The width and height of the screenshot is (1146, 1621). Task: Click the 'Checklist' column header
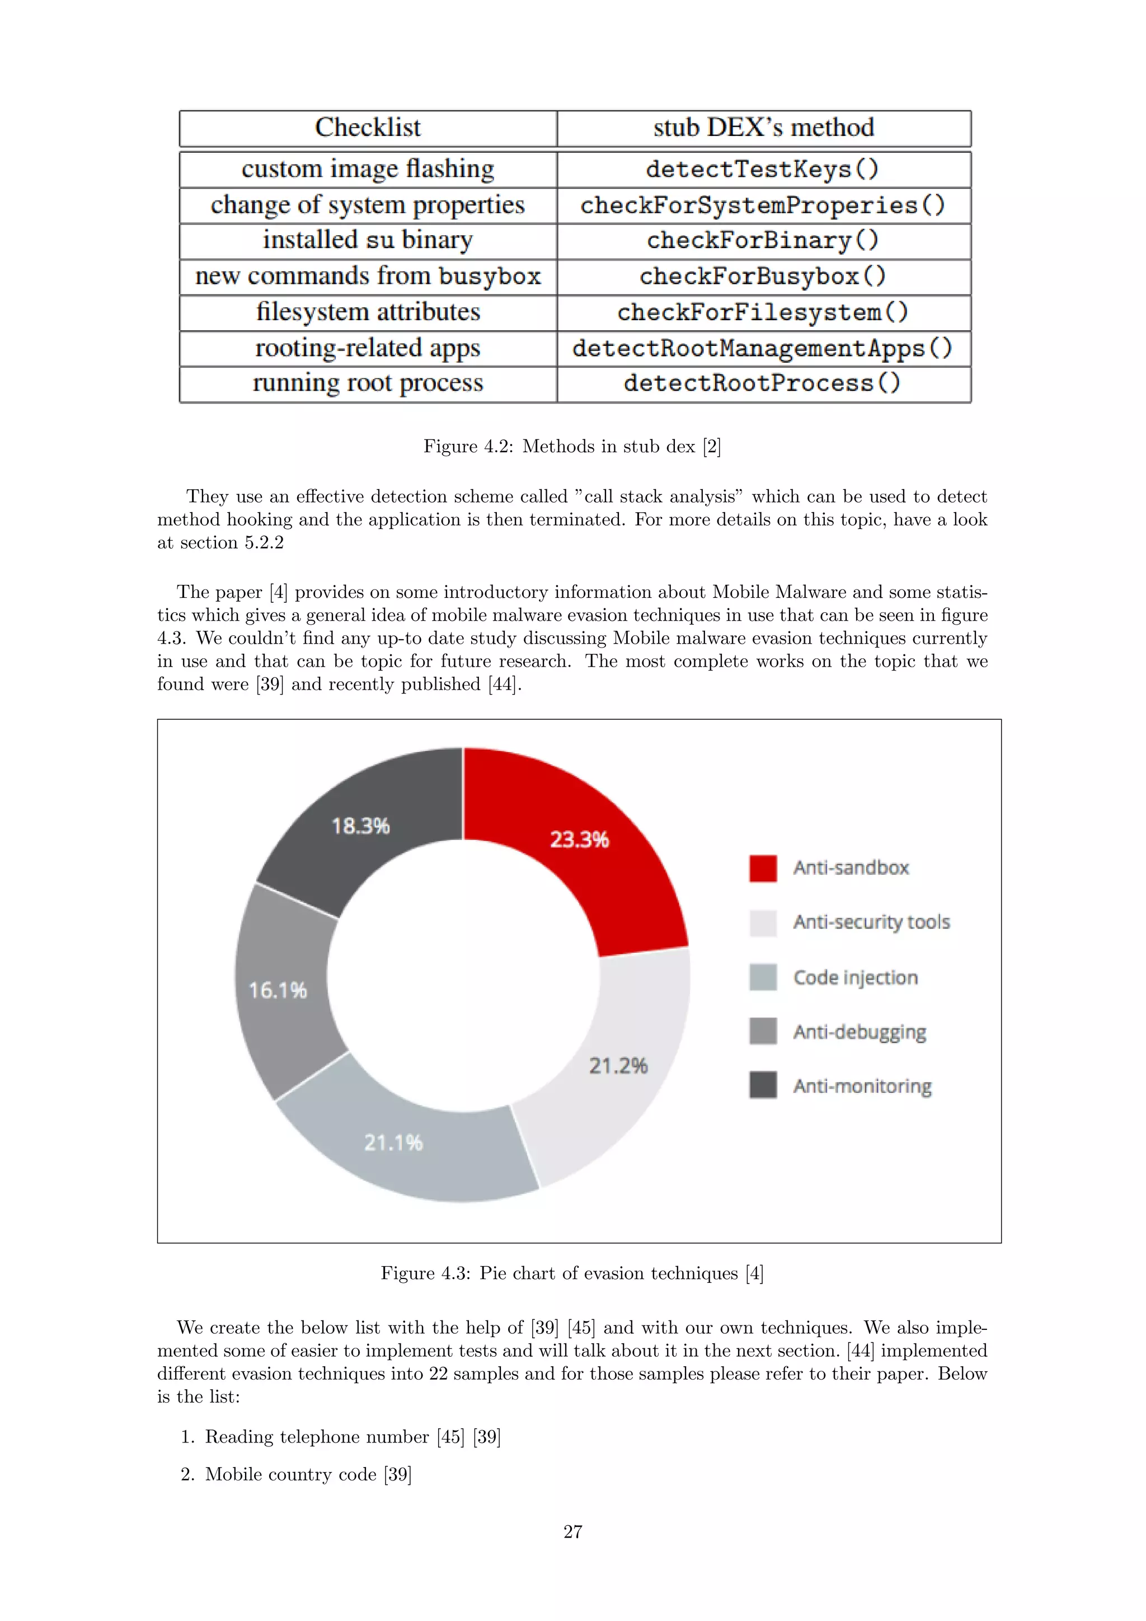pyautogui.click(x=368, y=128)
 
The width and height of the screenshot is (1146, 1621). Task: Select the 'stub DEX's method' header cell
pyautogui.click(x=763, y=128)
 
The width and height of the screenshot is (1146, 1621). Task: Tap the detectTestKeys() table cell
pyautogui.click(x=763, y=170)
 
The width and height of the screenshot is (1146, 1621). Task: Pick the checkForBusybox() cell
pyautogui.click(x=763, y=276)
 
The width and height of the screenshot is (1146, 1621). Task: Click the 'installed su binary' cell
pyautogui.click(x=368, y=240)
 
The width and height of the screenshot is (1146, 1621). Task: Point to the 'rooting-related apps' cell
pyautogui.click(x=368, y=348)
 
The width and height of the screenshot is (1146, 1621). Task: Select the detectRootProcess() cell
pyautogui.click(x=763, y=383)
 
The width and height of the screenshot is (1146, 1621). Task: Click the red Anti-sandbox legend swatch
pyautogui.click(x=763, y=868)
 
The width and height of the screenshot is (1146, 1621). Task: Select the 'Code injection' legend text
pyautogui.click(x=855, y=977)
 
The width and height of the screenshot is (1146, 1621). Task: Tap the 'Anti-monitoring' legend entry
pyautogui.click(x=862, y=1086)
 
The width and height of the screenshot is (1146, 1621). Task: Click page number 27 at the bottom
pyautogui.click(x=572, y=1531)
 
